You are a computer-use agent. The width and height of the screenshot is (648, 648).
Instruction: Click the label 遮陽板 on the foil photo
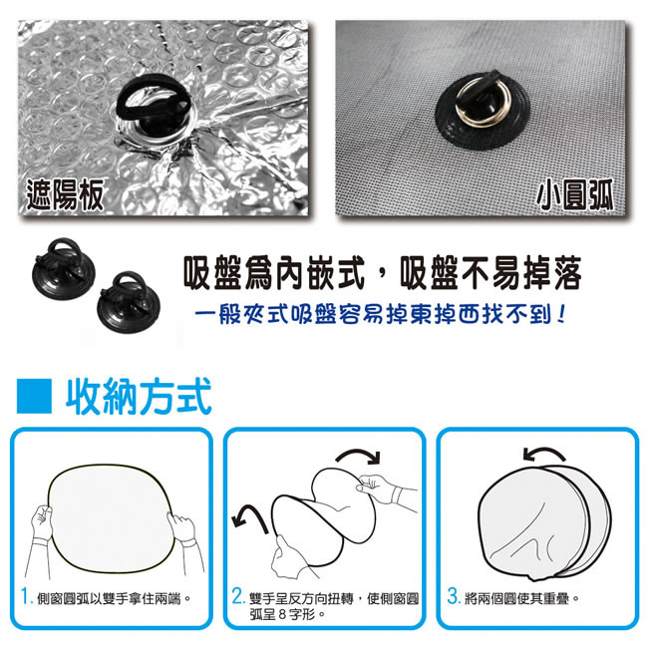pos(65,194)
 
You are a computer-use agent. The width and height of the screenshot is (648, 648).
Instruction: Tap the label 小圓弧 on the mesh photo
pos(575,194)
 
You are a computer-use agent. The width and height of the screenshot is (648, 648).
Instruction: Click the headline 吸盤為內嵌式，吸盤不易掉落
pos(382,272)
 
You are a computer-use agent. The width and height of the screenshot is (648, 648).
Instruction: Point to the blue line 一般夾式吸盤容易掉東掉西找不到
pos(380,315)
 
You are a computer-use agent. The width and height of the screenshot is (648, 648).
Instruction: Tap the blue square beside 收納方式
pos(34,396)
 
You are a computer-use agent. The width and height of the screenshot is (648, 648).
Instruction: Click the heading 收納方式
pos(139,397)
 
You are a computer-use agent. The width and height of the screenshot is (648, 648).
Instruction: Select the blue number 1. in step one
pos(27,597)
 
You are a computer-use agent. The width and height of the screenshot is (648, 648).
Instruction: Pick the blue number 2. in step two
pos(238,597)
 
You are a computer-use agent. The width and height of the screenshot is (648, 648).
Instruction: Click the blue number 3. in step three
pos(454,597)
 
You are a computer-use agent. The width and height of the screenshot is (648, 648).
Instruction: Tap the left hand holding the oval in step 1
pos(42,522)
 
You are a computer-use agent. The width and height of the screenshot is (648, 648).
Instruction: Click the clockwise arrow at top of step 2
pos(358,453)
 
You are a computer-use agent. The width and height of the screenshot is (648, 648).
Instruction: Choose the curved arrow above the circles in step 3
pos(543,452)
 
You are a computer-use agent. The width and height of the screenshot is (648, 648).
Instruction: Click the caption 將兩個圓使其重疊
pos(521,598)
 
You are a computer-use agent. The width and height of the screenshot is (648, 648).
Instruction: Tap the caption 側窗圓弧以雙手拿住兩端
pos(114,598)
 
